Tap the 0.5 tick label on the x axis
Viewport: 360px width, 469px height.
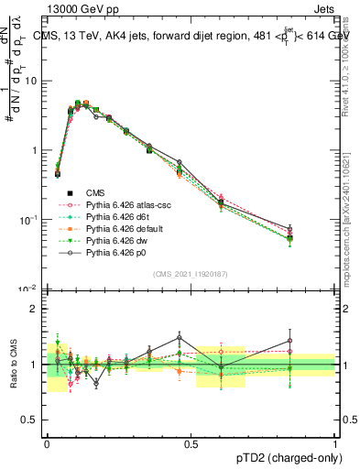tap(191, 442)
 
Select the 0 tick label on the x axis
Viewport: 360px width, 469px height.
tap(47, 442)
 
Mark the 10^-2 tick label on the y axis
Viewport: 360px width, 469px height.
tap(27, 289)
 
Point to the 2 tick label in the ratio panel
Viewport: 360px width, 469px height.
tap(35, 309)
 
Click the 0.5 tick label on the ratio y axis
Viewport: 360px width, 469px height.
tap(30, 420)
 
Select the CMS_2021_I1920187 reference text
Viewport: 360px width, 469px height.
tap(191, 274)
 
